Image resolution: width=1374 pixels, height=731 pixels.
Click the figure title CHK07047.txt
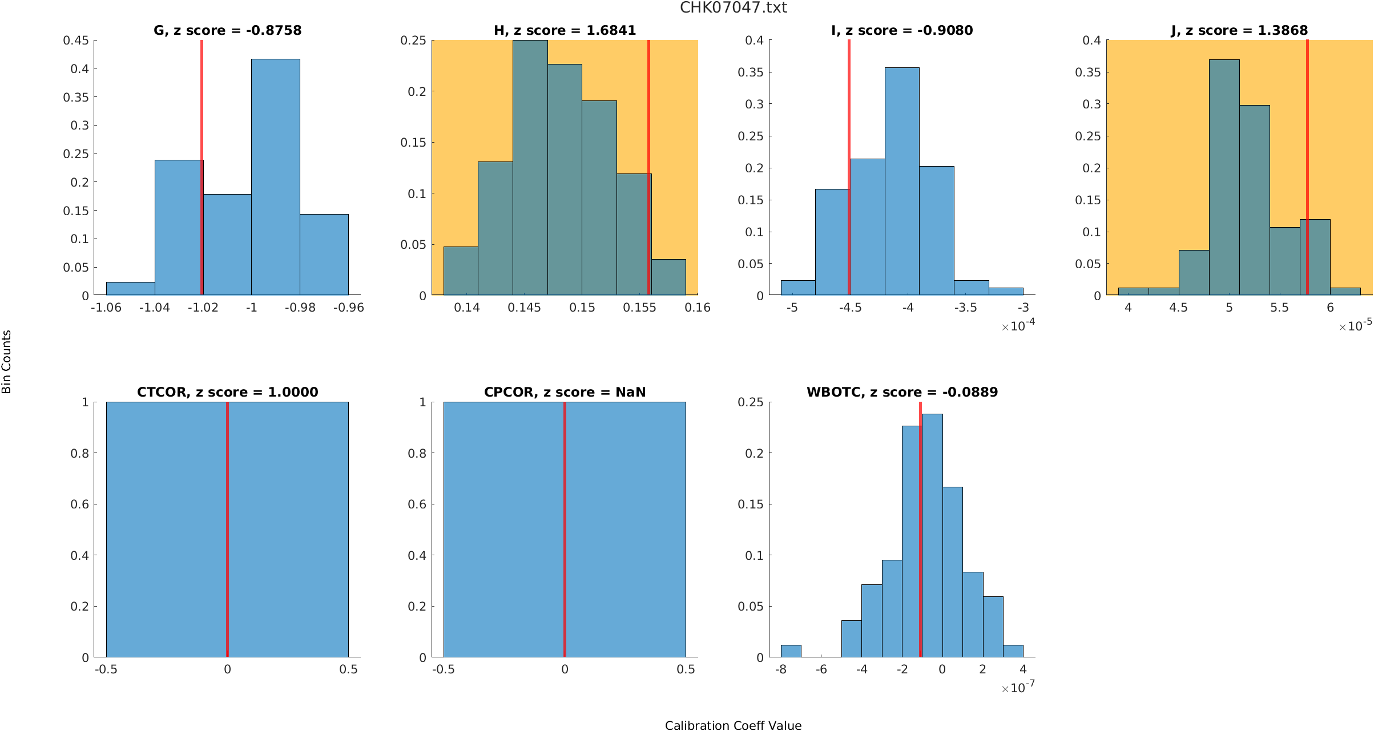point(733,8)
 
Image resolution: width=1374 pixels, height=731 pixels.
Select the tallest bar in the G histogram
point(275,177)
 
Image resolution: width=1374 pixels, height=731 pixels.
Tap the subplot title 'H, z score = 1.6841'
point(565,30)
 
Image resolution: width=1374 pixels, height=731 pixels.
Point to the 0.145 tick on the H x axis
point(524,308)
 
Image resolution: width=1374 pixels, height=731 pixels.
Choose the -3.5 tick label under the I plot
point(965,308)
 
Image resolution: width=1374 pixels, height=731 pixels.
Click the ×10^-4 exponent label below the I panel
point(1018,326)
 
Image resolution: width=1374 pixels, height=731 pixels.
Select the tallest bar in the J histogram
point(1224,177)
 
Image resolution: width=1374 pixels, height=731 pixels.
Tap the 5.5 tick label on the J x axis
point(1279,308)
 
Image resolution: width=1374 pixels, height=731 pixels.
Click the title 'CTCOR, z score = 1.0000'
point(227,392)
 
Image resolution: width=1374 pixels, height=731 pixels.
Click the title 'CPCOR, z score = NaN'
point(565,392)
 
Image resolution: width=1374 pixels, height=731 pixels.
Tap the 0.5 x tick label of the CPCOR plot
point(686,669)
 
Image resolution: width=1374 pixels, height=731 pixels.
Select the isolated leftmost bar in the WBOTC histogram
point(791,651)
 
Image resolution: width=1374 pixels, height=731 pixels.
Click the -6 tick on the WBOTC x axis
point(821,669)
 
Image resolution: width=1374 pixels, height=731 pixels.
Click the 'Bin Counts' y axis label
point(7,362)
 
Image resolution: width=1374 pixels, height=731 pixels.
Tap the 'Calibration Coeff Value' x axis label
point(733,725)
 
